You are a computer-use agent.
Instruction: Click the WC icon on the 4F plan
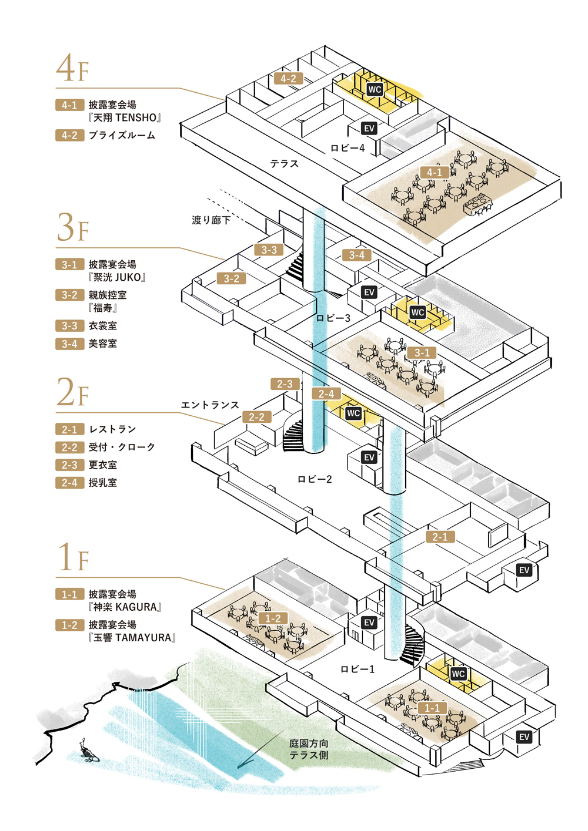(375, 89)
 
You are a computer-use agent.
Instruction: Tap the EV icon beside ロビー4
(369, 129)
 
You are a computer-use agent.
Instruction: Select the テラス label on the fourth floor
(284, 164)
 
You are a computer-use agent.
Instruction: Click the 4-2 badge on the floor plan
(288, 79)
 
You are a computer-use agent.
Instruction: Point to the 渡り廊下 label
(211, 220)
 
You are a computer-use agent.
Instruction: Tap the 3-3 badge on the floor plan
(269, 250)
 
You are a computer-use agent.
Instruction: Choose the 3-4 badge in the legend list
(69, 344)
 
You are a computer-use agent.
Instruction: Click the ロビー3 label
(333, 318)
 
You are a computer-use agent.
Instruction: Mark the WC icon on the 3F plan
(417, 312)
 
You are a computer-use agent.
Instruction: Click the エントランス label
(210, 405)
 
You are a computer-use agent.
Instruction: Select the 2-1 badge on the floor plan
(440, 537)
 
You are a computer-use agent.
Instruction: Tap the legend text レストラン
(112, 429)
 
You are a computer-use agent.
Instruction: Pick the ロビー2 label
(315, 480)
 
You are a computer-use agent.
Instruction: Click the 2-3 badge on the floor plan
(285, 384)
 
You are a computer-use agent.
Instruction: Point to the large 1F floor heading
(73, 558)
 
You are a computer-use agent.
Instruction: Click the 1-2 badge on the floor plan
(273, 618)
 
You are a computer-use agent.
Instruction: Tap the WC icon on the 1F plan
(458, 674)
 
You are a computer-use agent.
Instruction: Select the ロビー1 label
(358, 669)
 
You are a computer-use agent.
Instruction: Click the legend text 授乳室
(103, 483)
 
